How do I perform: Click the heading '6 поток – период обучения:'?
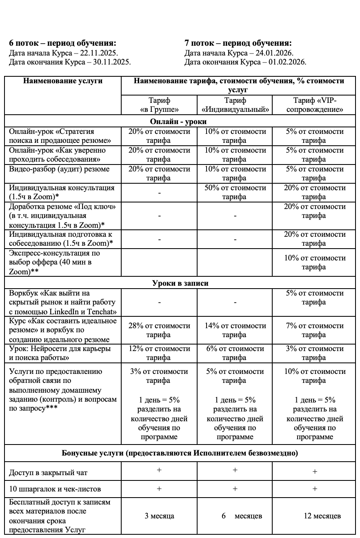(x=62, y=44)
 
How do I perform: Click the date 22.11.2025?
(x=102, y=53)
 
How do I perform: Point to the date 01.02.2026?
(x=290, y=62)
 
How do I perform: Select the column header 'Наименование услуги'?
(x=63, y=81)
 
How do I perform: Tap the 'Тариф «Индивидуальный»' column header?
(x=235, y=105)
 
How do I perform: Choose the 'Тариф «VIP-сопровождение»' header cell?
(x=314, y=105)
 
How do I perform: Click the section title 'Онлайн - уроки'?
(x=178, y=122)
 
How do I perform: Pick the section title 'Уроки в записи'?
(x=180, y=283)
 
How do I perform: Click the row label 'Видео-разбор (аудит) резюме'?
(x=59, y=169)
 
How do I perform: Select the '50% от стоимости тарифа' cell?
(x=235, y=192)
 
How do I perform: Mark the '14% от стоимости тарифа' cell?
(x=235, y=330)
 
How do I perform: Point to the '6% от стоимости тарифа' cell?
(x=235, y=353)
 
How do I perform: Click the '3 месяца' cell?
(x=159, y=516)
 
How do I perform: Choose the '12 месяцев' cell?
(x=322, y=516)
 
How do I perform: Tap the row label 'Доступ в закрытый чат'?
(x=48, y=473)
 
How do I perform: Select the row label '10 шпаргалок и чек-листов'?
(x=55, y=489)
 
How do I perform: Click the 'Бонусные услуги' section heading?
(x=180, y=453)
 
